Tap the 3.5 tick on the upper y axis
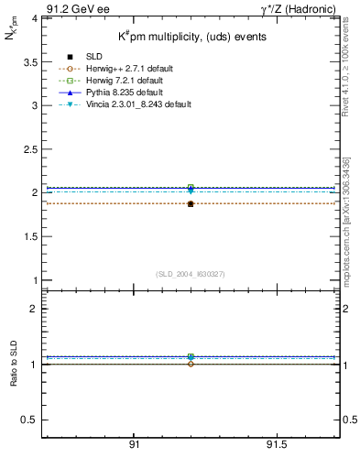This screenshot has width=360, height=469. pos(30,61)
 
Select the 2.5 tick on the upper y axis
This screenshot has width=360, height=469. pos(30,149)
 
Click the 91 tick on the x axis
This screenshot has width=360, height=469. pos(134,446)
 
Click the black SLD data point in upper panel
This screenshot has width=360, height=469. pos(190,203)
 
